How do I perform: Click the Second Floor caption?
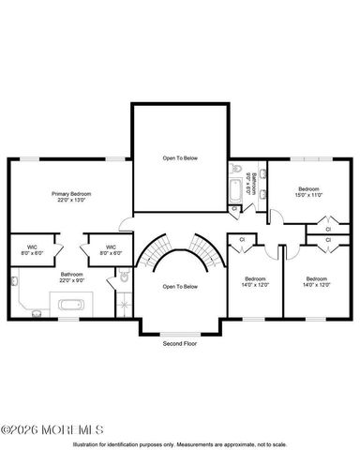[x=178, y=344]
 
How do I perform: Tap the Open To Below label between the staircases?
[x=179, y=286]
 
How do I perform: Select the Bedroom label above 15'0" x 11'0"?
[x=310, y=189]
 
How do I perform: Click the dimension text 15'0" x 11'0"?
[x=310, y=196]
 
